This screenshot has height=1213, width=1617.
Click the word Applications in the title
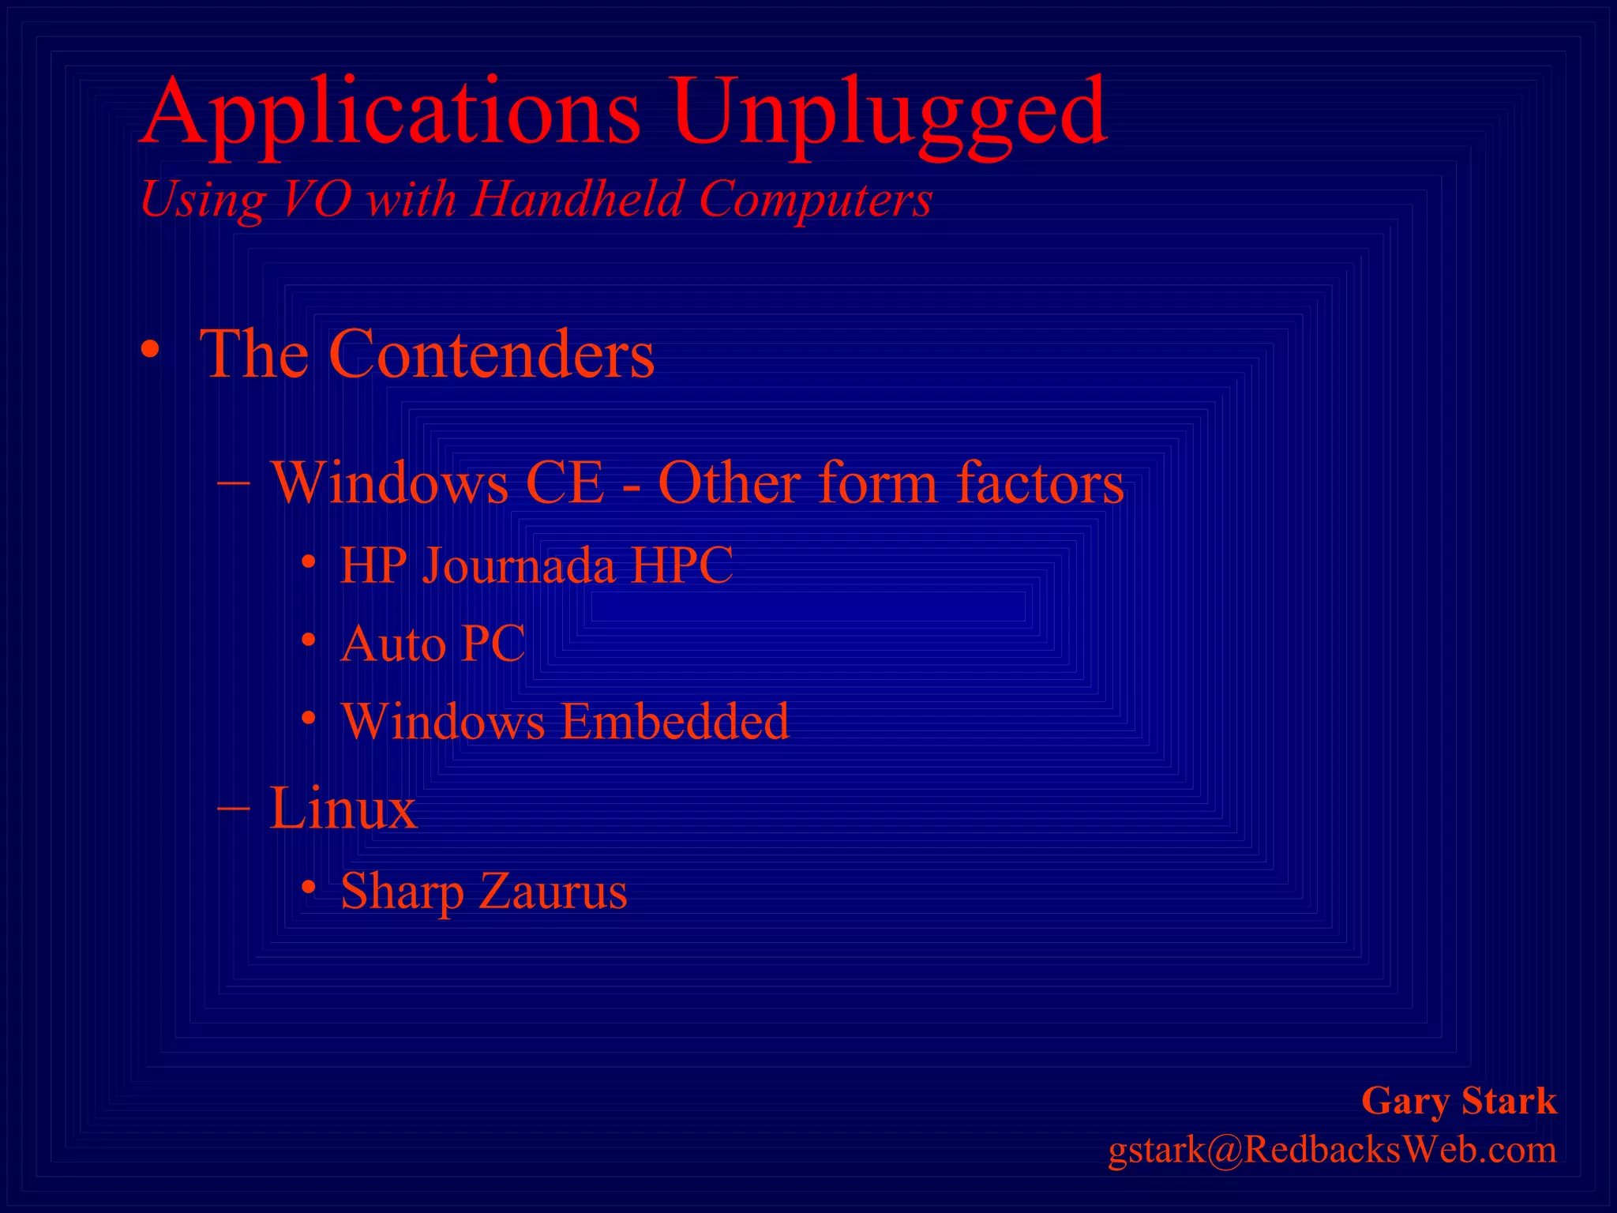coord(391,112)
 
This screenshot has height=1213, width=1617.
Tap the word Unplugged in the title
coord(888,112)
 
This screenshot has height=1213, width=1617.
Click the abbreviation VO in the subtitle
coord(316,198)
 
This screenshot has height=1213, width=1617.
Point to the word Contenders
coord(491,354)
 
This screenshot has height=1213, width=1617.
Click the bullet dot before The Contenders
coord(150,349)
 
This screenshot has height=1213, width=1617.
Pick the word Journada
coord(518,566)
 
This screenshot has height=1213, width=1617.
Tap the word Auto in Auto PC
coord(392,644)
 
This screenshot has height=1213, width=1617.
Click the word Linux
coord(343,808)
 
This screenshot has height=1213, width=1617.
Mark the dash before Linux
coord(234,808)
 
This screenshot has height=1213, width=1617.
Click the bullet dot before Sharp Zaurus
coord(309,888)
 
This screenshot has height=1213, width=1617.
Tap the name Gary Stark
coord(1458,1101)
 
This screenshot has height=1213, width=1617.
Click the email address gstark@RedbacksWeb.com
coord(1332,1150)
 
